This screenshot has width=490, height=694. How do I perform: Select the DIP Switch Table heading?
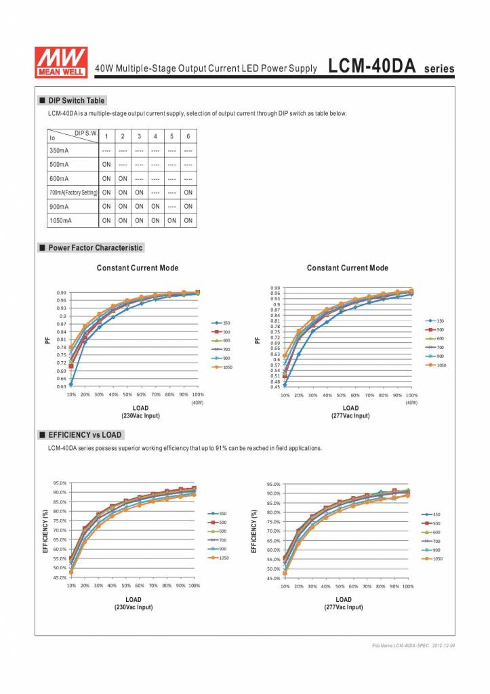[77, 100]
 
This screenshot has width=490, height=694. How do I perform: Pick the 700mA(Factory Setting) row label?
[73, 193]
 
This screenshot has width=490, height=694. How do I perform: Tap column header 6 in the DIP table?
[188, 136]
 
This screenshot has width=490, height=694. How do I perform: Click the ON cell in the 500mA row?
[106, 165]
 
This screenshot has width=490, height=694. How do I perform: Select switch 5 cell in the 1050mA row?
[172, 221]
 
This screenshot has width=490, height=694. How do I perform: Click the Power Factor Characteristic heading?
[96, 248]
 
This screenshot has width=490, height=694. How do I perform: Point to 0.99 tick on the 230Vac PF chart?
[62, 293]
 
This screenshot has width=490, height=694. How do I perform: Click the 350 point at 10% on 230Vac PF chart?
[71, 384]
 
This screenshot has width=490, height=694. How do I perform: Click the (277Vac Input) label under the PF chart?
[350, 415]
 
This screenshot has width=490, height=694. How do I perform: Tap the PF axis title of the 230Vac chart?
[47, 340]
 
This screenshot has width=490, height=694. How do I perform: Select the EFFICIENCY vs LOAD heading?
[85, 435]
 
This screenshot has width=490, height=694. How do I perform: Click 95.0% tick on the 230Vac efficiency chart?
[60, 483]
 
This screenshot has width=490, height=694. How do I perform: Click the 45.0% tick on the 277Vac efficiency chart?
[272, 579]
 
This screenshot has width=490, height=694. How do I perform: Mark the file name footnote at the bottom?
[413, 646]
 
